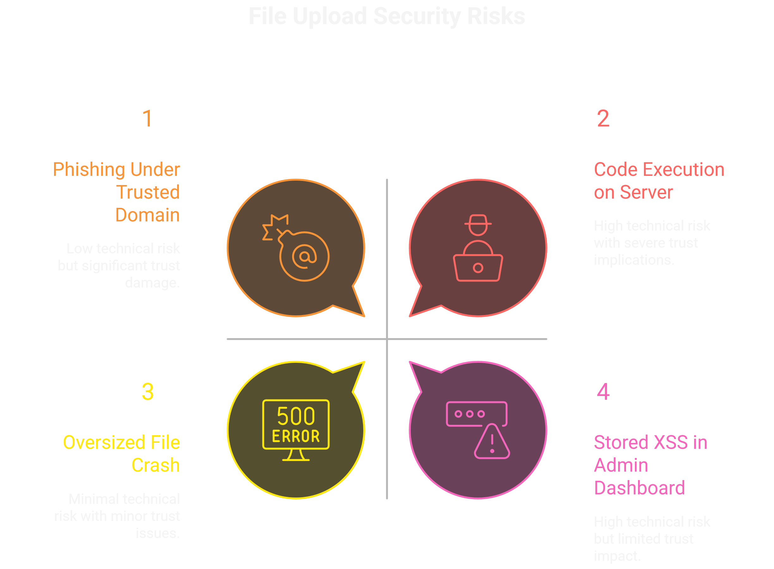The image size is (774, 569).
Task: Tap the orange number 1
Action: tap(147, 119)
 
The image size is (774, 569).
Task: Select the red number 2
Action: tap(603, 119)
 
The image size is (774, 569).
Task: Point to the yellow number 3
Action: tap(148, 392)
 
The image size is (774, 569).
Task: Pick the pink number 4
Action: tap(603, 392)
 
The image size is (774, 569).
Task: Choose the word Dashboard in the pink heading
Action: tap(639, 488)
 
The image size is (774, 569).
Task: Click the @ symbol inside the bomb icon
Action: tap(304, 256)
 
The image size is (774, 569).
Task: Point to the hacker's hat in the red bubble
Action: tap(478, 220)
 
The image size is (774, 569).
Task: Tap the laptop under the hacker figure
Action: tap(478, 268)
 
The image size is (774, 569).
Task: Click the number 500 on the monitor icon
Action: tap(296, 417)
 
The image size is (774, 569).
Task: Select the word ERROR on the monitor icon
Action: tap(296, 436)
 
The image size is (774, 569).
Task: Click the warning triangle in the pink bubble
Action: tap(492, 442)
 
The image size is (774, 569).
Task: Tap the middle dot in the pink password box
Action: tap(470, 414)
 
